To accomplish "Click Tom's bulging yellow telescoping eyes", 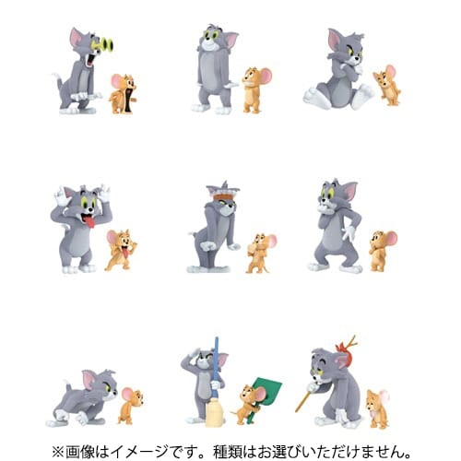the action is tap(103, 44).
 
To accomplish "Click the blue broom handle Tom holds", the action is tap(216, 368).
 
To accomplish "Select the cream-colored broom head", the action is tap(214, 414).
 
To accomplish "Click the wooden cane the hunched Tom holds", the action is tap(304, 400).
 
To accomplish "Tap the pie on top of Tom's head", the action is tap(223, 195).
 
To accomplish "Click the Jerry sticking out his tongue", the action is tap(121, 250).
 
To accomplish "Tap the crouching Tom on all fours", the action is tap(82, 397).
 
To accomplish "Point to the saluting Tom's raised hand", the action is tap(193, 357).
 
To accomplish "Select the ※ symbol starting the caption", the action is tap(58, 452).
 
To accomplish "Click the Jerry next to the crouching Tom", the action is tap(131, 406).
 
